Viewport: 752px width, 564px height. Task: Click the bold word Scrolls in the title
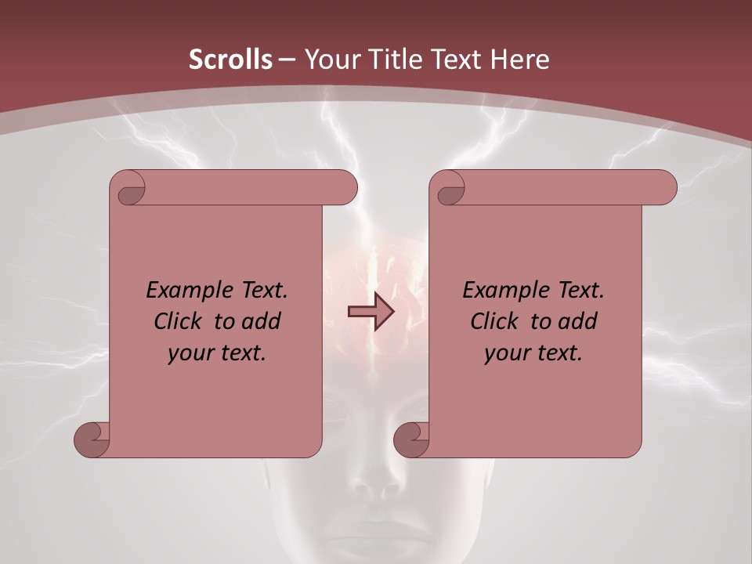[x=230, y=60]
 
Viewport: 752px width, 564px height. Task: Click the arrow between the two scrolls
[x=371, y=313]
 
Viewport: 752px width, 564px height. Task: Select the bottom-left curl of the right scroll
[x=412, y=439]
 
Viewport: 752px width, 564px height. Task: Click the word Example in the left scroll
[x=186, y=291]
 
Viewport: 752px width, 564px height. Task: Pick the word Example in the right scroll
[x=502, y=291]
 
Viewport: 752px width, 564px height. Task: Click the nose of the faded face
[x=378, y=486]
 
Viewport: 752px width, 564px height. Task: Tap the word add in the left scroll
[x=260, y=321]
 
